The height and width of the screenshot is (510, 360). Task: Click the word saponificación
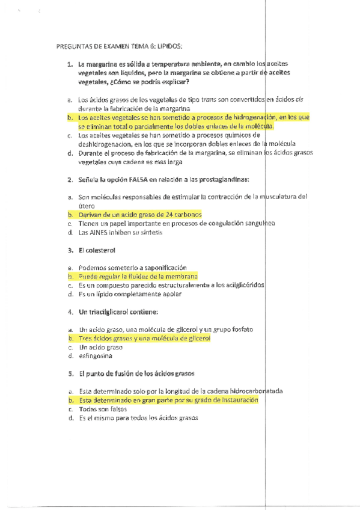point(162,268)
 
